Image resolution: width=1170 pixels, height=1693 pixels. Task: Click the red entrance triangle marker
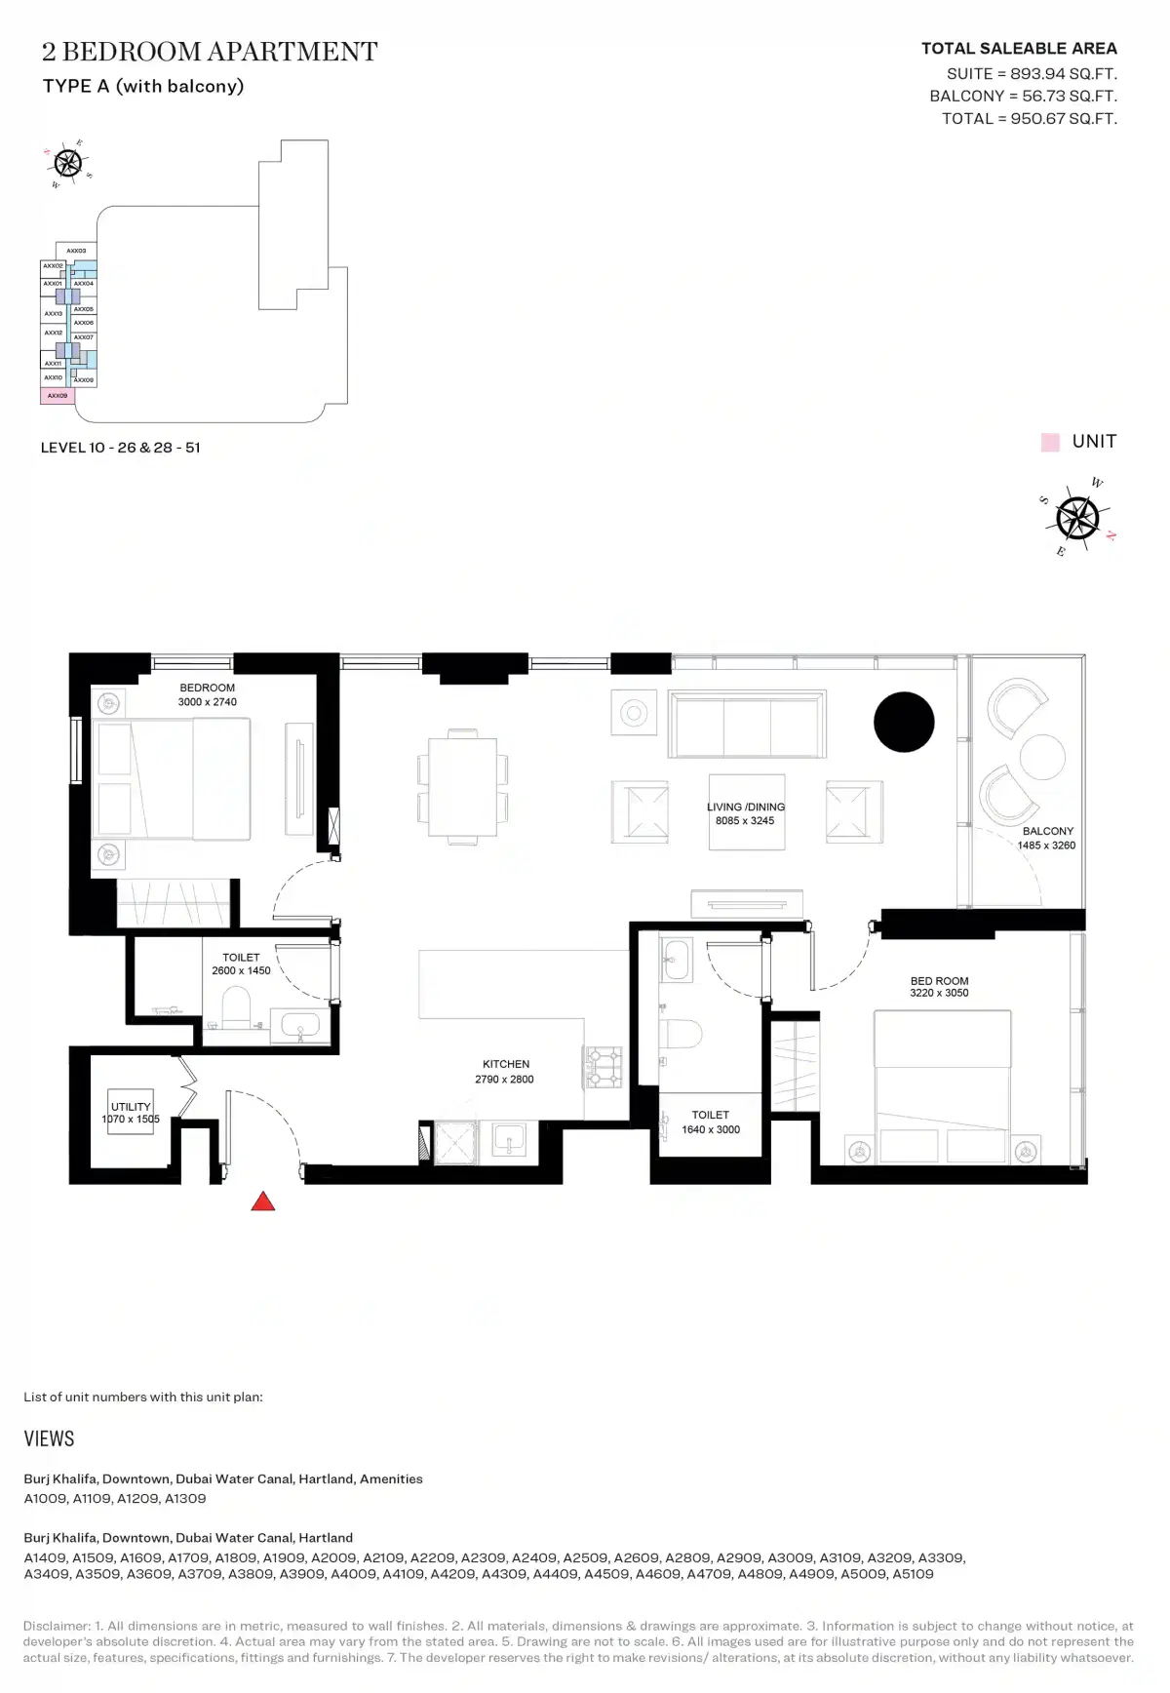point(262,1202)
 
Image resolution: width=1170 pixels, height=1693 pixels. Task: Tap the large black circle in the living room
point(904,722)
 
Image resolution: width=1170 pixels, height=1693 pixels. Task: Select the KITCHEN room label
point(506,1064)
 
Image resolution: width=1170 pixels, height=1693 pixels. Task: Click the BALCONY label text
point(1047,831)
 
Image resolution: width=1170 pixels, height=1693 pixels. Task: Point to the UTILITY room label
point(131,1106)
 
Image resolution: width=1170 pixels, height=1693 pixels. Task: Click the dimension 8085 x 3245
point(745,821)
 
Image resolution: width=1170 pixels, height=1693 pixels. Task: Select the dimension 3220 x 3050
point(939,993)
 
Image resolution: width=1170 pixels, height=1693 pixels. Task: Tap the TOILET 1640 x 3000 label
point(710,1122)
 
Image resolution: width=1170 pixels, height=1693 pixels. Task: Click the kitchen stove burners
point(603,1067)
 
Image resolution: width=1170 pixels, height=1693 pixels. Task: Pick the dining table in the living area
point(463,785)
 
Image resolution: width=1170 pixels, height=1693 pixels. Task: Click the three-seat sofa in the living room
point(747,725)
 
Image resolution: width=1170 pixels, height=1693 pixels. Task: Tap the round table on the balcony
point(1042,756)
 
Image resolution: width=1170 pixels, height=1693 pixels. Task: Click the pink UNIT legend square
point(1050,442)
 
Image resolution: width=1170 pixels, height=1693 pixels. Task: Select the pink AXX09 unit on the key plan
point(58,396)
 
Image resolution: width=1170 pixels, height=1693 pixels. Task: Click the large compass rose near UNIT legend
point(1077,518)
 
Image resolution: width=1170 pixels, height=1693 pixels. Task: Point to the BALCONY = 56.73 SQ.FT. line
point(1023,96)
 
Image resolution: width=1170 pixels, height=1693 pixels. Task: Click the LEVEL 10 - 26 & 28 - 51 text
point(120,448)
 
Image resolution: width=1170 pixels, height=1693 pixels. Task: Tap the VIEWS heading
point(49,1438)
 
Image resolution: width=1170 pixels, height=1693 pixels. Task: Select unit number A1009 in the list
point(45,1498)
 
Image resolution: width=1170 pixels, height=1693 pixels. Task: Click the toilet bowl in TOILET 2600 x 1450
point(236,1006)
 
